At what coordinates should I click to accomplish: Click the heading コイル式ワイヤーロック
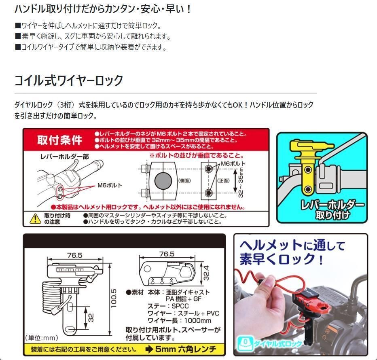(x=69, y=80)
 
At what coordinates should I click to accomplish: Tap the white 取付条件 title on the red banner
(x=59, y=140)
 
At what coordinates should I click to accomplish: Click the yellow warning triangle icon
(x=35, y=218)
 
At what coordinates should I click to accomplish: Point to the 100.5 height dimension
(x=114, y=298)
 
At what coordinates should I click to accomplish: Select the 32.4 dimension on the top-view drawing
(x=206, y=273)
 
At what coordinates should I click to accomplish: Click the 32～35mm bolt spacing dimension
(x=240, y=182)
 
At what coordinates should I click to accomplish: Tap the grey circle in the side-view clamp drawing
(x=163, y=180)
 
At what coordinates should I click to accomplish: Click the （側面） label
(x=184, y=180)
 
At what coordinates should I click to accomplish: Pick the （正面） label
(x=223, y=180)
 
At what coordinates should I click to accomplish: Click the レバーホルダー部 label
(x=64, y=157)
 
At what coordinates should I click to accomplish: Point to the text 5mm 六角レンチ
(x=186, y=349)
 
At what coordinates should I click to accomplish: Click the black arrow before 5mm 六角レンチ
(x=149, y=349)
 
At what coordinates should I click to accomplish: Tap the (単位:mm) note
(x=41, y=338)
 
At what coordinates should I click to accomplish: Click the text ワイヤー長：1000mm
(x=179, y=320)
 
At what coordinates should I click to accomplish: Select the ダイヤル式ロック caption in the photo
(x=278, y=344)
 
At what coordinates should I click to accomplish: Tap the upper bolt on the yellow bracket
(x=308, y=170)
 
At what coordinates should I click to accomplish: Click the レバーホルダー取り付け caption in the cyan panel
(x=333, y=210)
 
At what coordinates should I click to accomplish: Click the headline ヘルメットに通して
(x=292, y=246)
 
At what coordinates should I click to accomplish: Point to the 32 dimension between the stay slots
(x=91, y=318)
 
